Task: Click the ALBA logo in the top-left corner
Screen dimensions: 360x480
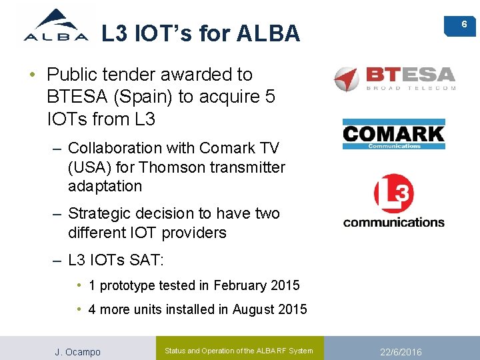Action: (56, 26)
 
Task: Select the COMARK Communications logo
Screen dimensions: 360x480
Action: (393, 135)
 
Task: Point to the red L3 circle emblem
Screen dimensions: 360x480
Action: (393, 194)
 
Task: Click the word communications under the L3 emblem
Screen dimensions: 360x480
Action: (393, 222)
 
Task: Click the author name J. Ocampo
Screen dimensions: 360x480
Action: (77, 351)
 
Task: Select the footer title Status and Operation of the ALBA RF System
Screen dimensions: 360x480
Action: (238, 351)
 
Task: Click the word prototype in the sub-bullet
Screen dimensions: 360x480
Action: (127, 285)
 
